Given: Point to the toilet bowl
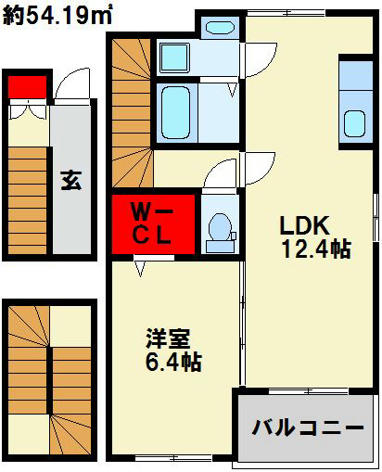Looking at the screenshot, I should [x=219, y=229].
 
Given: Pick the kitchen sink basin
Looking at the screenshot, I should [x=354, y=123].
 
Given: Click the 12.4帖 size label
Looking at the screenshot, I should [x=315, y=249].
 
